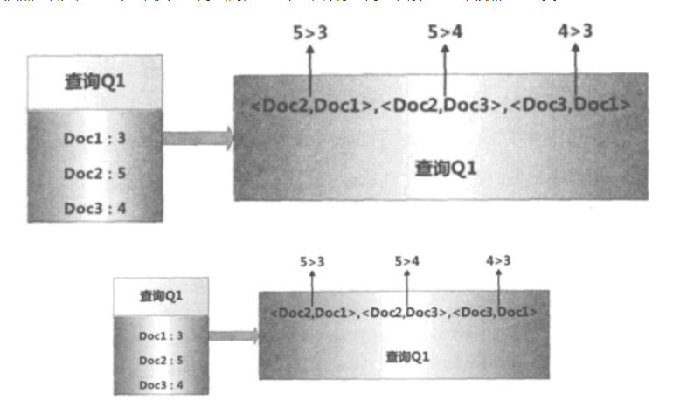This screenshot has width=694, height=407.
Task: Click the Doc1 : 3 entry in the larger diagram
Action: [96, 138]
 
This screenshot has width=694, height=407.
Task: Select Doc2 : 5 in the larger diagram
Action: [96, 173]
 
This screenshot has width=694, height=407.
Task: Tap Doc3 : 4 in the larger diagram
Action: [96, 208]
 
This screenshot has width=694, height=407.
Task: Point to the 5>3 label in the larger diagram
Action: [310, 33]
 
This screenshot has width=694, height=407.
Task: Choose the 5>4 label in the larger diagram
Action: [445, 33]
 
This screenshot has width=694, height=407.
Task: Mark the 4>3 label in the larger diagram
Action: [575, 33]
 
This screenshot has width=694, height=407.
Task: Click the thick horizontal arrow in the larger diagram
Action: [198, 138]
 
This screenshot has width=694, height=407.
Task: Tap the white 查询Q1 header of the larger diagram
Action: [96, 82]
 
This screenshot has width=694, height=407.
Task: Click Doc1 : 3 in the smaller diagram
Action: [161, 335]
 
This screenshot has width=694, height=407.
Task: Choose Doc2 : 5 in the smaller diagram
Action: [161, 360]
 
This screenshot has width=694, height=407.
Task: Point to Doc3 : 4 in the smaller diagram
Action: [161, 384]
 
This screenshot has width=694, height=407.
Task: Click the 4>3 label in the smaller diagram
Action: [499, 260]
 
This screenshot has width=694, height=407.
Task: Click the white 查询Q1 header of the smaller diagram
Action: [161, 296]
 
